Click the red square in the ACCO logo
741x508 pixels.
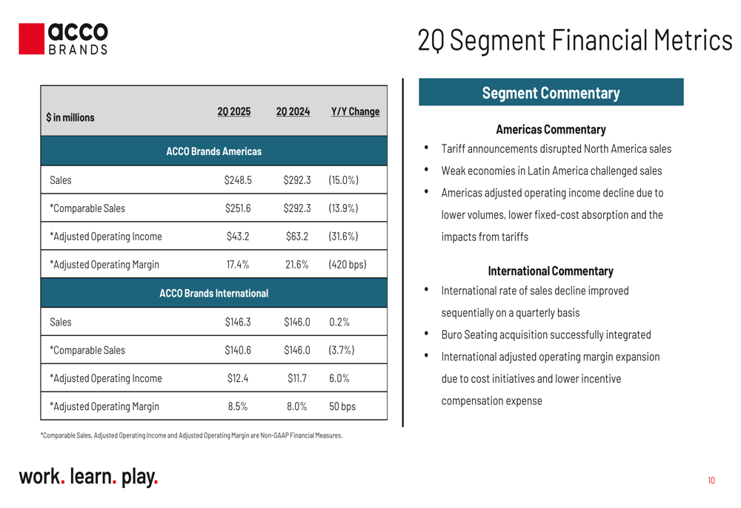[x=32, y=39]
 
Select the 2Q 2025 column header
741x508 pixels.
[x=234, y=112]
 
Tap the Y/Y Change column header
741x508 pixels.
[x=356, y=112]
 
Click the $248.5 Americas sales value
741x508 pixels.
[x=238, y=180]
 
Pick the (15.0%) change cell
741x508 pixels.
[x=344, y=180]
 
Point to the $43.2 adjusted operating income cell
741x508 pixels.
[x=238, y=237]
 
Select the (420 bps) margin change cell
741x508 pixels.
[x=348, y=265]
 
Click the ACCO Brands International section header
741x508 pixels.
[x=213, y=293]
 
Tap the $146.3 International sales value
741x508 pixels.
[x=238, y=322]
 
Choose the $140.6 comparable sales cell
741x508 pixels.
[x=238, y=350]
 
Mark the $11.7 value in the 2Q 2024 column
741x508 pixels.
[x=297, y=378]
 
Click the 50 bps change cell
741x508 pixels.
[x=342, y=406]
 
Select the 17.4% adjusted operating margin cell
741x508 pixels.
[x=238, y=265]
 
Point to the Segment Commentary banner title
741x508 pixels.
[x=551, y=93]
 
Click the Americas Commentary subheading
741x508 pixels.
[x=551, y=129]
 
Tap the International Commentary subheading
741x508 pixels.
[x=551, y=271]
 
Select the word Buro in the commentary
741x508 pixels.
[x=452, y=335]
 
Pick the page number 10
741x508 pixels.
[x=711, y=481]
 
